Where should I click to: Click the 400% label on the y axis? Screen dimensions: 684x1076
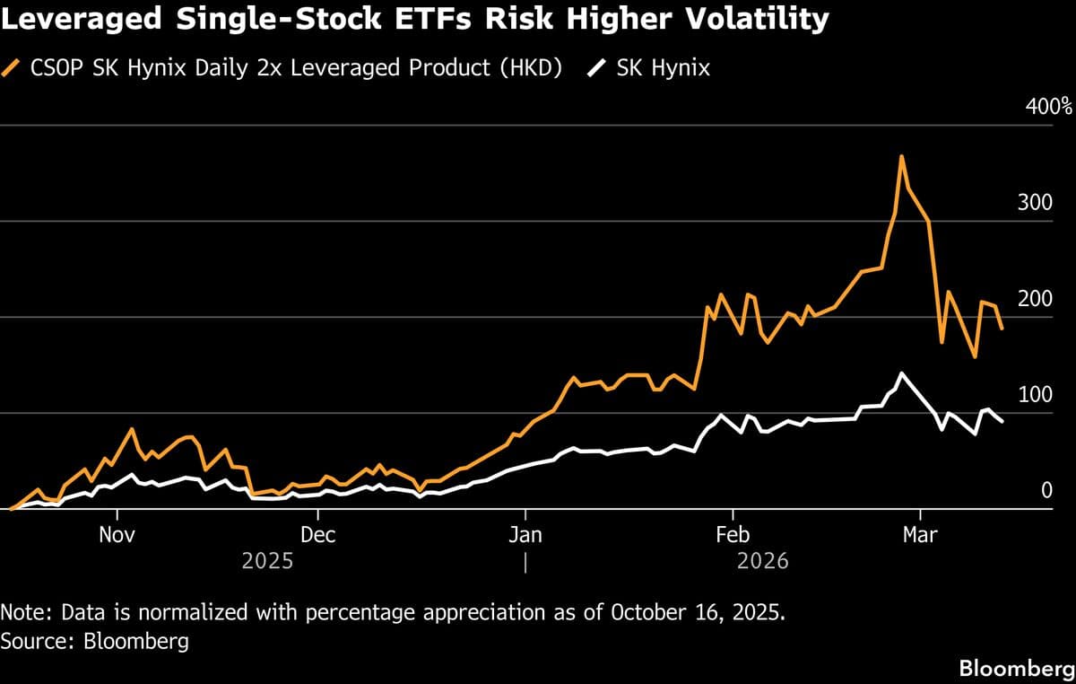[1048, 107]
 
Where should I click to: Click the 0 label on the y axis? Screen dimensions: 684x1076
[1046, 490]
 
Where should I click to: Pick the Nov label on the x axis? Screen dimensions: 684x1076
[117, 535]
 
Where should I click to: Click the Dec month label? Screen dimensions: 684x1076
[317, 535]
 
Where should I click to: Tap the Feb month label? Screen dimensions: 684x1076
[733, 535]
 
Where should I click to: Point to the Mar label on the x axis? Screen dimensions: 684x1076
[919, 535]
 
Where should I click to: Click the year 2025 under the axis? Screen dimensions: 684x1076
[267, 561]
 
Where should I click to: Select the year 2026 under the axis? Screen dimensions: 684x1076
[763, 561]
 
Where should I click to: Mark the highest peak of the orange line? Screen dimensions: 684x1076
[901, 157]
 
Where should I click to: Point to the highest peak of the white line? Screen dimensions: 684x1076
[901, 373]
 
